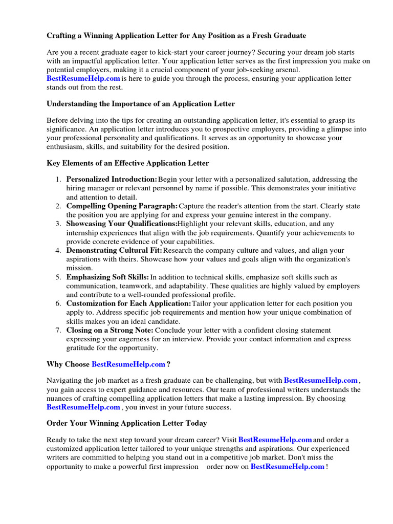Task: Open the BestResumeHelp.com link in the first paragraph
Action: pyautogui.click(x=83, y=78)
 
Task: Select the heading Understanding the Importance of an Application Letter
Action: pyautogui.click(x=141, y=103)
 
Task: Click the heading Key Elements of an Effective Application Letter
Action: pyautogui.click(x=127, y=163)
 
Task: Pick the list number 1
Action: pyautogui.click(x=58, y=180)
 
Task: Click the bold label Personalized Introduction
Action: pyautogui.click(x=112, y=180)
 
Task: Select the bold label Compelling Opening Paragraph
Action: pyautogui.click(x=122, y=206)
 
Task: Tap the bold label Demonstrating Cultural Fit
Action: pyautogui.click(x=114, y=250)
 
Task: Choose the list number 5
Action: pyautogui.click(x=58, y=277)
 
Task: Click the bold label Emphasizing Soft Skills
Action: pyautogui.click(x=107, y=277)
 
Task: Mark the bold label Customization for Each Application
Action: pyautogui.click(x=128, y=303)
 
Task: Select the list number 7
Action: pyautogui.click(x=58, y=330)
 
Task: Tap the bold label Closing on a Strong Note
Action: pyautogui.click(x=110, y=330)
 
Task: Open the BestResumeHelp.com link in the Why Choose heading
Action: pyautogui.click(x=128, y=364)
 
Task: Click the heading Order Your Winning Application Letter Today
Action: pyautogui.click(x=127, y=423)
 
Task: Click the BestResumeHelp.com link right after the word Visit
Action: pyautogui.click(x=275, y=440)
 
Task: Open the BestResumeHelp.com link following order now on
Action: pyautogui.click(x=287, y=466)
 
